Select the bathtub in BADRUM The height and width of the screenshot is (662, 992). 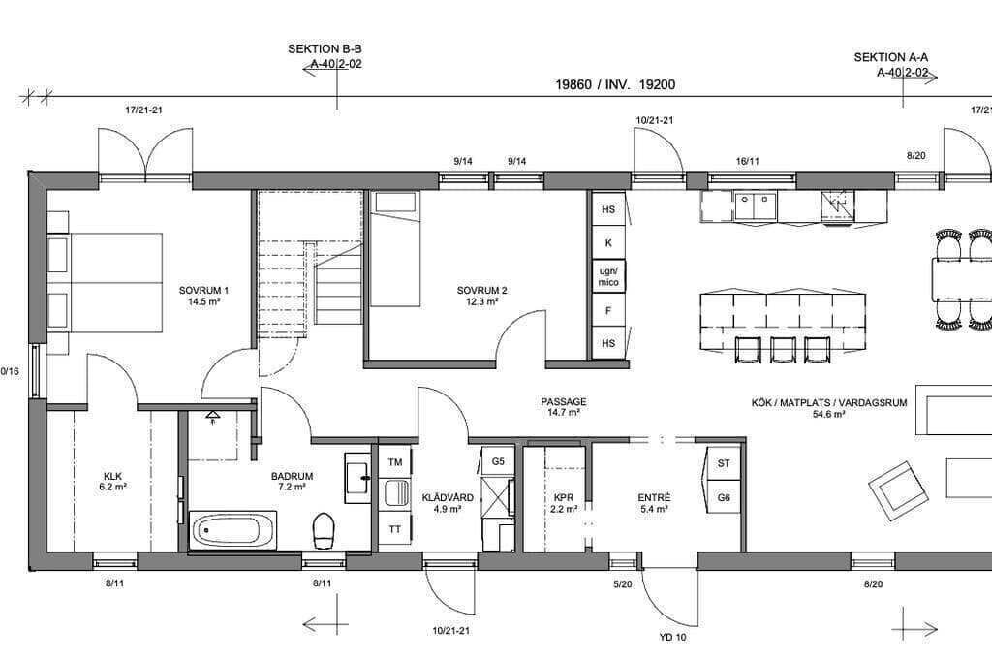232,530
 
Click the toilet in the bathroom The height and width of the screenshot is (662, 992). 324,530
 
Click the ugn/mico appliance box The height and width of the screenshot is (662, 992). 608,276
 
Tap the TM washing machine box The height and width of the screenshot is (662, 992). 395,462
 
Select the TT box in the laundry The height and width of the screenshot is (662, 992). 395,528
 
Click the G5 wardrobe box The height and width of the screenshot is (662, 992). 498,461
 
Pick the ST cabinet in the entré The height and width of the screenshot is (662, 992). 724,463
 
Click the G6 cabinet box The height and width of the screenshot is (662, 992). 724,497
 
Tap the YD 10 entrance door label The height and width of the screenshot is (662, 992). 672,638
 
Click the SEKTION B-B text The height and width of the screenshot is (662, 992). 325,48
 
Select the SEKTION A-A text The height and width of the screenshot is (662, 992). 891,57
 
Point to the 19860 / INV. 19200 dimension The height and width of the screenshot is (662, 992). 615,84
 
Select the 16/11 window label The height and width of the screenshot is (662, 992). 747,162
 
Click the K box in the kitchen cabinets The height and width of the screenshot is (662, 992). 608,242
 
